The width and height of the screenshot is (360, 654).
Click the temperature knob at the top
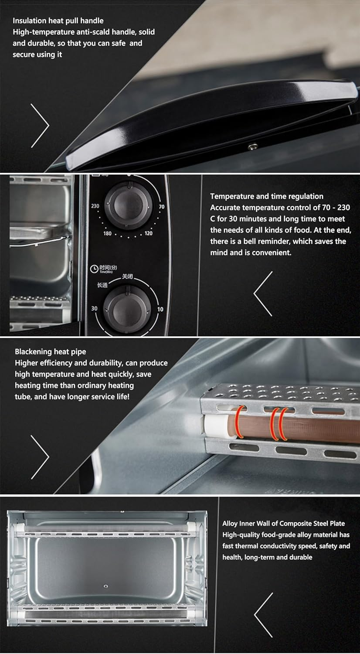click(128, 204)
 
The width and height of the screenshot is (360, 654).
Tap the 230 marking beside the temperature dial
click(95, 206)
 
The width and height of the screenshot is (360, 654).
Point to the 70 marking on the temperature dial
click(161, 207)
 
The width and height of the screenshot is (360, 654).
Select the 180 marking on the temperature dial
click(107, 233)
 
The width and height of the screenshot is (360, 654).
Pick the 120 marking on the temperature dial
click(149, 233)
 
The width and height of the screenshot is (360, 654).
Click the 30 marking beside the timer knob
click(94, 308)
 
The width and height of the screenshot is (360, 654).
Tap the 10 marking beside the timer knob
click(160, 309)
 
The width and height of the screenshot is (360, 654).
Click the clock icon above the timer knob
click(94, 269)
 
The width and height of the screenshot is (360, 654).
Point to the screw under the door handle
click(251, 147)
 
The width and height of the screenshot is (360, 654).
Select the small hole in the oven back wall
click(105, 586)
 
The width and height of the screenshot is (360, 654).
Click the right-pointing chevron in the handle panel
click(40, 125)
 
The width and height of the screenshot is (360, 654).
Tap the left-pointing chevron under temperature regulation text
click(263, 293)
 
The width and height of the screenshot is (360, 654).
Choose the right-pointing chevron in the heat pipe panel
click(40, 456)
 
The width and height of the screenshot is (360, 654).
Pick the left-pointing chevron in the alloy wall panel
click(263, 615)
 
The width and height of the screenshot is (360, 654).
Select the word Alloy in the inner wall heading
click(230, 523)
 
